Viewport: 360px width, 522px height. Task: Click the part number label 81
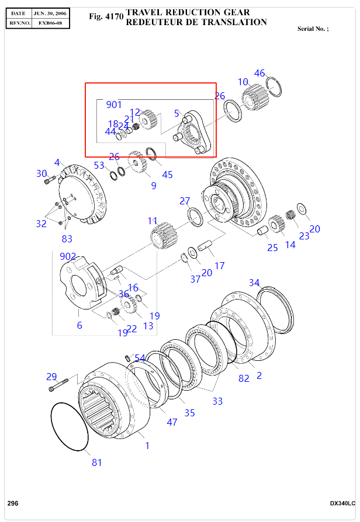[97, 462]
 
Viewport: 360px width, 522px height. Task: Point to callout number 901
[114, 105]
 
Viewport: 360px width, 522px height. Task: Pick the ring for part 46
[275, 86]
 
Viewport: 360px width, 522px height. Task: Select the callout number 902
[68, 256]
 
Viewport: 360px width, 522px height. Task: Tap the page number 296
[12, 503]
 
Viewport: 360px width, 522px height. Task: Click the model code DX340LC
[342, 503]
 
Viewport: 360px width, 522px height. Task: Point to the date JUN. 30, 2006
[50, 12]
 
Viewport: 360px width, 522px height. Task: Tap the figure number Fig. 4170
[106, 17]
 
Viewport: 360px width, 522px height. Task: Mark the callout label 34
[254, 283]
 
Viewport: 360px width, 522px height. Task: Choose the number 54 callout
[140, 358]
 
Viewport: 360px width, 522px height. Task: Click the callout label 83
[67, 239]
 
